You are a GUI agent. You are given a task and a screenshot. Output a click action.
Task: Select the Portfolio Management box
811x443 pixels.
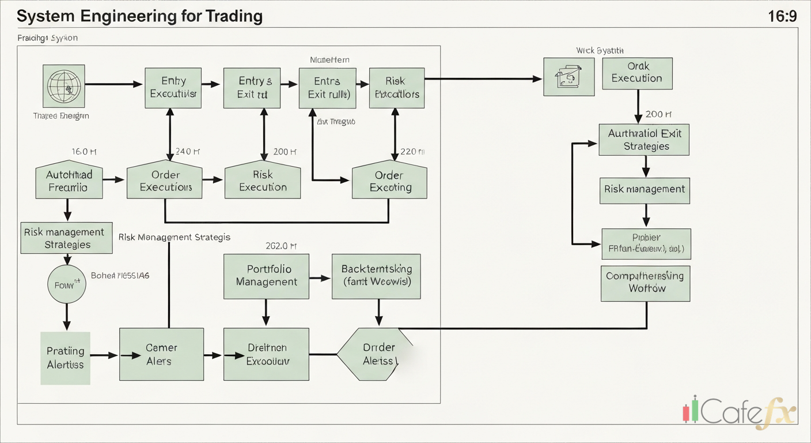click(266, 276)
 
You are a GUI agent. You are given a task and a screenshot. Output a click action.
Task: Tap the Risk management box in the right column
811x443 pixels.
click(645, 189)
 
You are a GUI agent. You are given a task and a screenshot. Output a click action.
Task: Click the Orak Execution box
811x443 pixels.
click(636, 73)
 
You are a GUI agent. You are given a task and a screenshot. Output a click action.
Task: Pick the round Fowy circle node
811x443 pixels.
click(66, 284)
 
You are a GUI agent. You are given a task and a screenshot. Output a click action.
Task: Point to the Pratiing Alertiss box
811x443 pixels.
click(65, 358)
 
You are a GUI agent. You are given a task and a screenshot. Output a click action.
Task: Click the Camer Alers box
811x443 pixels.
click(161, 354)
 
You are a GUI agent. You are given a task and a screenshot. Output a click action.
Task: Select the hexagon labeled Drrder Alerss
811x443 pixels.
click(374, 354)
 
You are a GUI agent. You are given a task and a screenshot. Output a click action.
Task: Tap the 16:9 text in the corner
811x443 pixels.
click(782, 16)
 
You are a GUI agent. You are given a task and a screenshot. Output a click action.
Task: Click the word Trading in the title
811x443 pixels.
click(233, 16)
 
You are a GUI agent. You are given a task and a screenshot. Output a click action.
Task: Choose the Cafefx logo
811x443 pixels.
click(739, 412)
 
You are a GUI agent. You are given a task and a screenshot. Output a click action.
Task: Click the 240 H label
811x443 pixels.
click(187, 152)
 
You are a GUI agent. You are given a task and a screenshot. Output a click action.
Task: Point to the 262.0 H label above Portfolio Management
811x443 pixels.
click(281, 246)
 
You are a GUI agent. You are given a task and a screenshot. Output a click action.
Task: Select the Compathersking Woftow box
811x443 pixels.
click(645, 283)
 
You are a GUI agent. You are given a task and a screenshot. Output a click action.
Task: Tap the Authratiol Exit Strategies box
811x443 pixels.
click(644, 140)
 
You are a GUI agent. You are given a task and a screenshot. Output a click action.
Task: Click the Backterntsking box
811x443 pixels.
click(376, 276)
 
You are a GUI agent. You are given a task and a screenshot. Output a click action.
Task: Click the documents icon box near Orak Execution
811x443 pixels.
click(569, 77)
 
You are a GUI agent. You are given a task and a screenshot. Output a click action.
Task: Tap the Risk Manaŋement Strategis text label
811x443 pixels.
click(175, 237)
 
